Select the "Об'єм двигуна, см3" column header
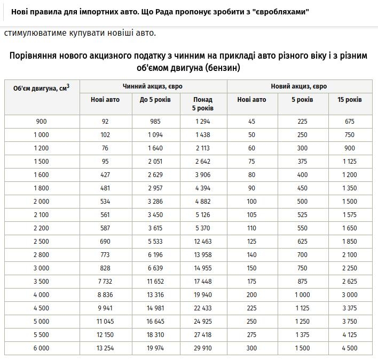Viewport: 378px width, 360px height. [42, 87]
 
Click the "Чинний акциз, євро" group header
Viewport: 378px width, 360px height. [153, 86]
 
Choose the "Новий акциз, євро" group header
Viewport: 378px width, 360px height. [299, 86]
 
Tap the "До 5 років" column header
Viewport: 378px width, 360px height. [155, 100]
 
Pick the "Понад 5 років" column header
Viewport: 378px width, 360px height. [202, 103]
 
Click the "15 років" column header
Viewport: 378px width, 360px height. [349, 100]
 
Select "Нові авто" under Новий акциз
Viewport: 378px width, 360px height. [251, 100]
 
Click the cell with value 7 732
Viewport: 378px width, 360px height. [105, 281]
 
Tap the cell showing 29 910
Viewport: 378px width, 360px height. [202, 348]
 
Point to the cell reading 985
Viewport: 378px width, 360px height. [155, 121]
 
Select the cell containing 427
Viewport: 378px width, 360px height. [105, 174]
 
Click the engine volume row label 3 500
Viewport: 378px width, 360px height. [42, 281]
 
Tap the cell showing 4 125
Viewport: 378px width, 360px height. [349, 334]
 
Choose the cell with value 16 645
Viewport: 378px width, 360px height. [155, 321]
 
